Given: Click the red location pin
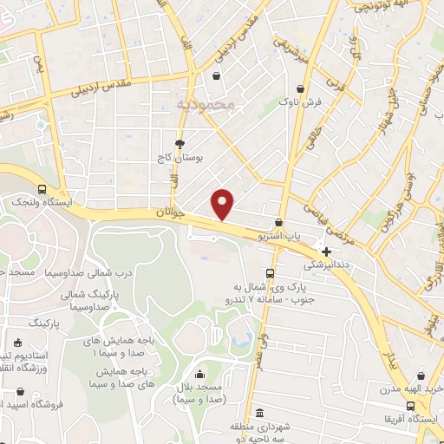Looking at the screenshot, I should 224,204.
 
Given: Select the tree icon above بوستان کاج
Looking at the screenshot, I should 180,144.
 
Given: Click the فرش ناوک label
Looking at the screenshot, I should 300,102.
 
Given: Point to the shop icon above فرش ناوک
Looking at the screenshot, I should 300,88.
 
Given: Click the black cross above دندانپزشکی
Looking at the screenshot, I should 326,251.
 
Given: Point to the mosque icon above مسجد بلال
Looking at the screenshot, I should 200,374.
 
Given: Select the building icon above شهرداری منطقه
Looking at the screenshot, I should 260,414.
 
